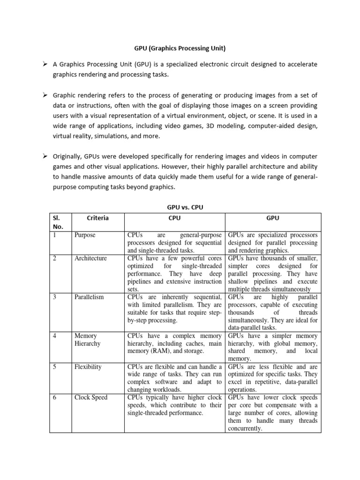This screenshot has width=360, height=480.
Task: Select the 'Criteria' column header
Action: (x=97, y=218)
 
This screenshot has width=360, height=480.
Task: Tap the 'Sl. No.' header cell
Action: (x=60, y=222)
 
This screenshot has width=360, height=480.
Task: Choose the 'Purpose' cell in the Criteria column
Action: (x=85, y=235)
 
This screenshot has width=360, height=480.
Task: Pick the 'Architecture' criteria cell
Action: (x=90, y=258)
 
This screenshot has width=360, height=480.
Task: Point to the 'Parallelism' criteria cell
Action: (x=89, y=297)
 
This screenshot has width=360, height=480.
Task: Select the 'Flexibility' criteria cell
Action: (x=88, y=367)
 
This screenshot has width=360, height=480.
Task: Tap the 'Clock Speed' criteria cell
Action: (x=90, y=397)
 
